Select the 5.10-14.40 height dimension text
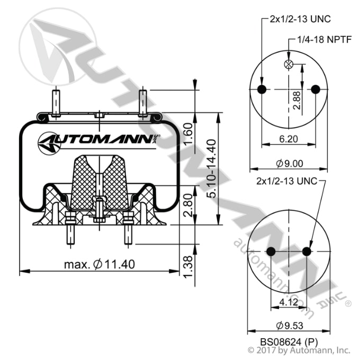(x=211, y=169)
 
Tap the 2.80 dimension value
(x=186, y=205)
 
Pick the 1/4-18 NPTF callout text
(x=320, y=40)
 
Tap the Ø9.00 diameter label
(x=289, y=165)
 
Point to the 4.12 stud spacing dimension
(x=289, y=303)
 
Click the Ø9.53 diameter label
(x=289, y=324)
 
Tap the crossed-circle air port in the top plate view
(x=289, y=65)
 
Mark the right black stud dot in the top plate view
(x=316, y=89)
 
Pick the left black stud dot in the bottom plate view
(x=271, y=251)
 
